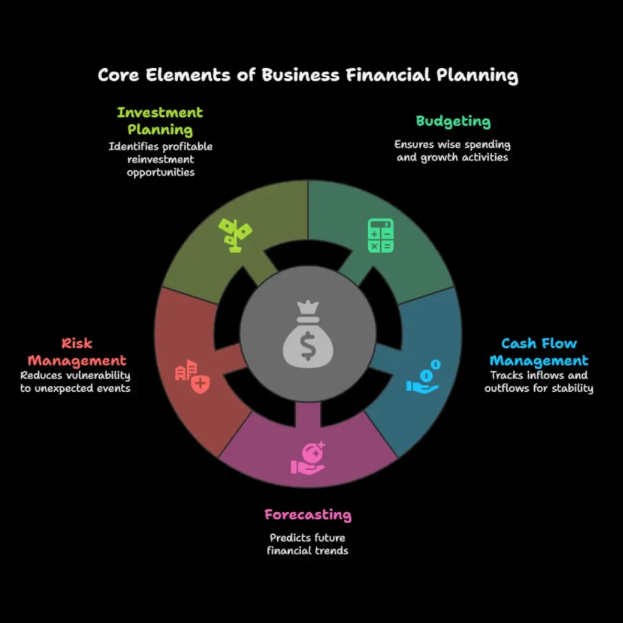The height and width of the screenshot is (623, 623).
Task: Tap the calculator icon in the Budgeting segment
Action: (381, 236)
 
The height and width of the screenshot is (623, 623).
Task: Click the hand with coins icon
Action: (423, 377)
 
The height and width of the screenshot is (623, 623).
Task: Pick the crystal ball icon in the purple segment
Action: (308, 458)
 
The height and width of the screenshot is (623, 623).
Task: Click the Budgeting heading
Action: (453, 121)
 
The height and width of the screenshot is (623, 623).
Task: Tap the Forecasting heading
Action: (308, 515)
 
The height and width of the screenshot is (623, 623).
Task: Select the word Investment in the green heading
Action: (160, 113)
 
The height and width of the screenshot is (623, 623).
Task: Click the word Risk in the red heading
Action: (77, 344)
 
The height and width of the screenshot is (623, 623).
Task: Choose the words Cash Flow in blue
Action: (538, 344)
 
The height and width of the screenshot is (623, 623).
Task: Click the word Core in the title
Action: (121, 75)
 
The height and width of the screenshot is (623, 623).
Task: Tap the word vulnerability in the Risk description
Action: (99, 376)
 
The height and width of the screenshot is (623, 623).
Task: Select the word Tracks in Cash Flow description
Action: (506, 375)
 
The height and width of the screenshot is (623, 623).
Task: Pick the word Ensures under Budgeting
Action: (415, 145)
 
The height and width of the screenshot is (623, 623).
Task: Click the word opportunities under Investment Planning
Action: (161, 172)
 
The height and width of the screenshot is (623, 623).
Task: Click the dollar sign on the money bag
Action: (308, 346)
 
